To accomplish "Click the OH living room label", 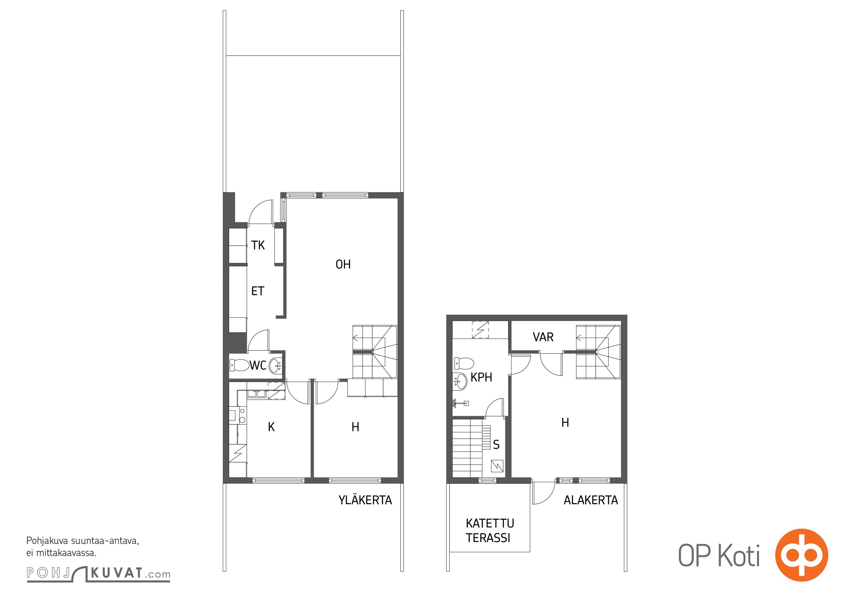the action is point(343,264).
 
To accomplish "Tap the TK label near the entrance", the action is point(258,245).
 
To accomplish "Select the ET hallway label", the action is point(258,291).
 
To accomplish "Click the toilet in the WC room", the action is point(239,364).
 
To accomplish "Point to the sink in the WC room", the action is point(276,364).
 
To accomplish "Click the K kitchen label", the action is point(271,427).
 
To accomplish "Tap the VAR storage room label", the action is point(543,337).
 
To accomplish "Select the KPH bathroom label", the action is point(481,377).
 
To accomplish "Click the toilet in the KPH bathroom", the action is point(464,363).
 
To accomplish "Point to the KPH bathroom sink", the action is point(460,381).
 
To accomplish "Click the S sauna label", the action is point(496,445).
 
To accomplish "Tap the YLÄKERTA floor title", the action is point(365,500).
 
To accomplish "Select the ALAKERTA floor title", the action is point(591,500).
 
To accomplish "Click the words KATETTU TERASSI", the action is point(490,530).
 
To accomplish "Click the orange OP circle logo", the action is point(802,555).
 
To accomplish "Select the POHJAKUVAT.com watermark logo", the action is point(98,574).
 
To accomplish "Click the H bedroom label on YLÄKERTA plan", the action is point(355,427).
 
